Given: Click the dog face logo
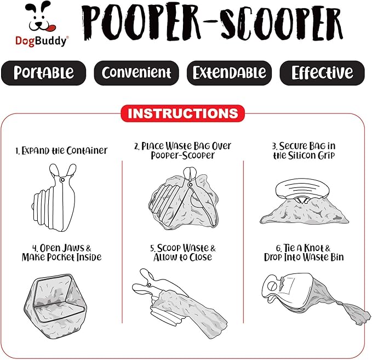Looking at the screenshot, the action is (x=41, y=17).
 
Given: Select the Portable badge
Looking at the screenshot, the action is (x=43, y=73).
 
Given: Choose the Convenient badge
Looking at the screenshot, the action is (x=136, y=73).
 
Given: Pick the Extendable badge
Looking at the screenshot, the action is (x=229, y=73).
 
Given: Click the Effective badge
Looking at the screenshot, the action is (x=322, y=73).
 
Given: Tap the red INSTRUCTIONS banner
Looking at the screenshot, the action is (x=182, y=113).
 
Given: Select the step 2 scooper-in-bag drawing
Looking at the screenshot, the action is (x=183, y=198).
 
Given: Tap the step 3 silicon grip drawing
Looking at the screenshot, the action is (x=304, y=202).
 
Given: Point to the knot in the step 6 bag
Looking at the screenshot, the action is (x=340, y=304).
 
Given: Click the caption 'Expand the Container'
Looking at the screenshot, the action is (x=61, y=151).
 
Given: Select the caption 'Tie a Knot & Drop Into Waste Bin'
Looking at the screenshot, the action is (x=304, y=253).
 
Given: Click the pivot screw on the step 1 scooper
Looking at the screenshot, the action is (x=62, y=180).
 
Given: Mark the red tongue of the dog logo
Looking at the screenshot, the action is (x=50, y=28).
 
